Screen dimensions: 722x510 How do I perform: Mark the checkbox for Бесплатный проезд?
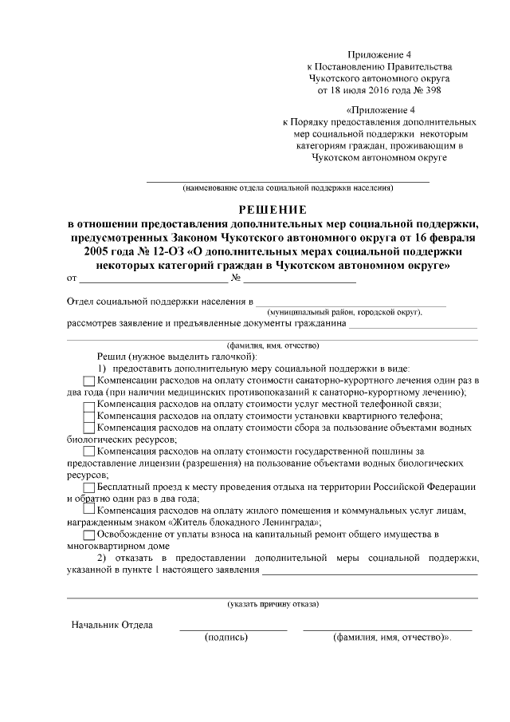(88, 487)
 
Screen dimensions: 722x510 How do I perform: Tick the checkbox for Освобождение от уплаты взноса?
(88, 534)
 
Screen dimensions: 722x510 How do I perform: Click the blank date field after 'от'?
(152, 279)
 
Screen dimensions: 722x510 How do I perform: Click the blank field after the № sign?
(300, 279)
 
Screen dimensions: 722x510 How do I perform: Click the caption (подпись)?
(226, 638)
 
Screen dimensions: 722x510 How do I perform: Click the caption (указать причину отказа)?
(272, 604)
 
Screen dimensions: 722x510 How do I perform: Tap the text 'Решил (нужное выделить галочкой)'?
(175, 356)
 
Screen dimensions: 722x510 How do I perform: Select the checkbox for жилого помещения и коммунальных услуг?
(88, 510)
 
